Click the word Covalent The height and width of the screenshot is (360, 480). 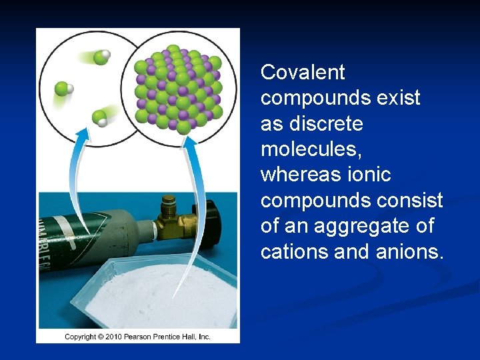[x=303, y=72]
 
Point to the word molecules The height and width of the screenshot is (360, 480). [x=311, y=149]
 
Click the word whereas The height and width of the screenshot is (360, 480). [x=298, y=175]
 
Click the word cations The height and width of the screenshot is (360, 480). [x=293, y=252]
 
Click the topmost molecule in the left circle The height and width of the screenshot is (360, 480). [x=101, y=57]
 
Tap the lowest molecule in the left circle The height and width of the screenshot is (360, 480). [x=99, y=119]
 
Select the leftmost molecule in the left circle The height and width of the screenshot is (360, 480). [x=63, y=88]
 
